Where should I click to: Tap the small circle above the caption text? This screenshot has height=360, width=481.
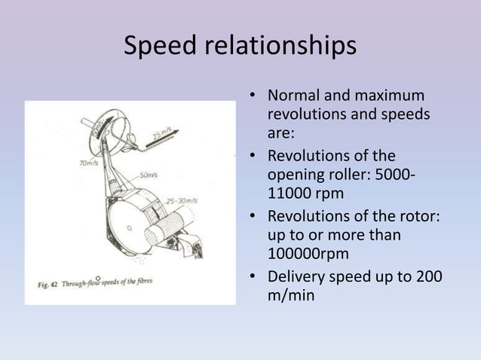(98, 279)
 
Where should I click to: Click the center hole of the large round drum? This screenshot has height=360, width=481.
(130, 226)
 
